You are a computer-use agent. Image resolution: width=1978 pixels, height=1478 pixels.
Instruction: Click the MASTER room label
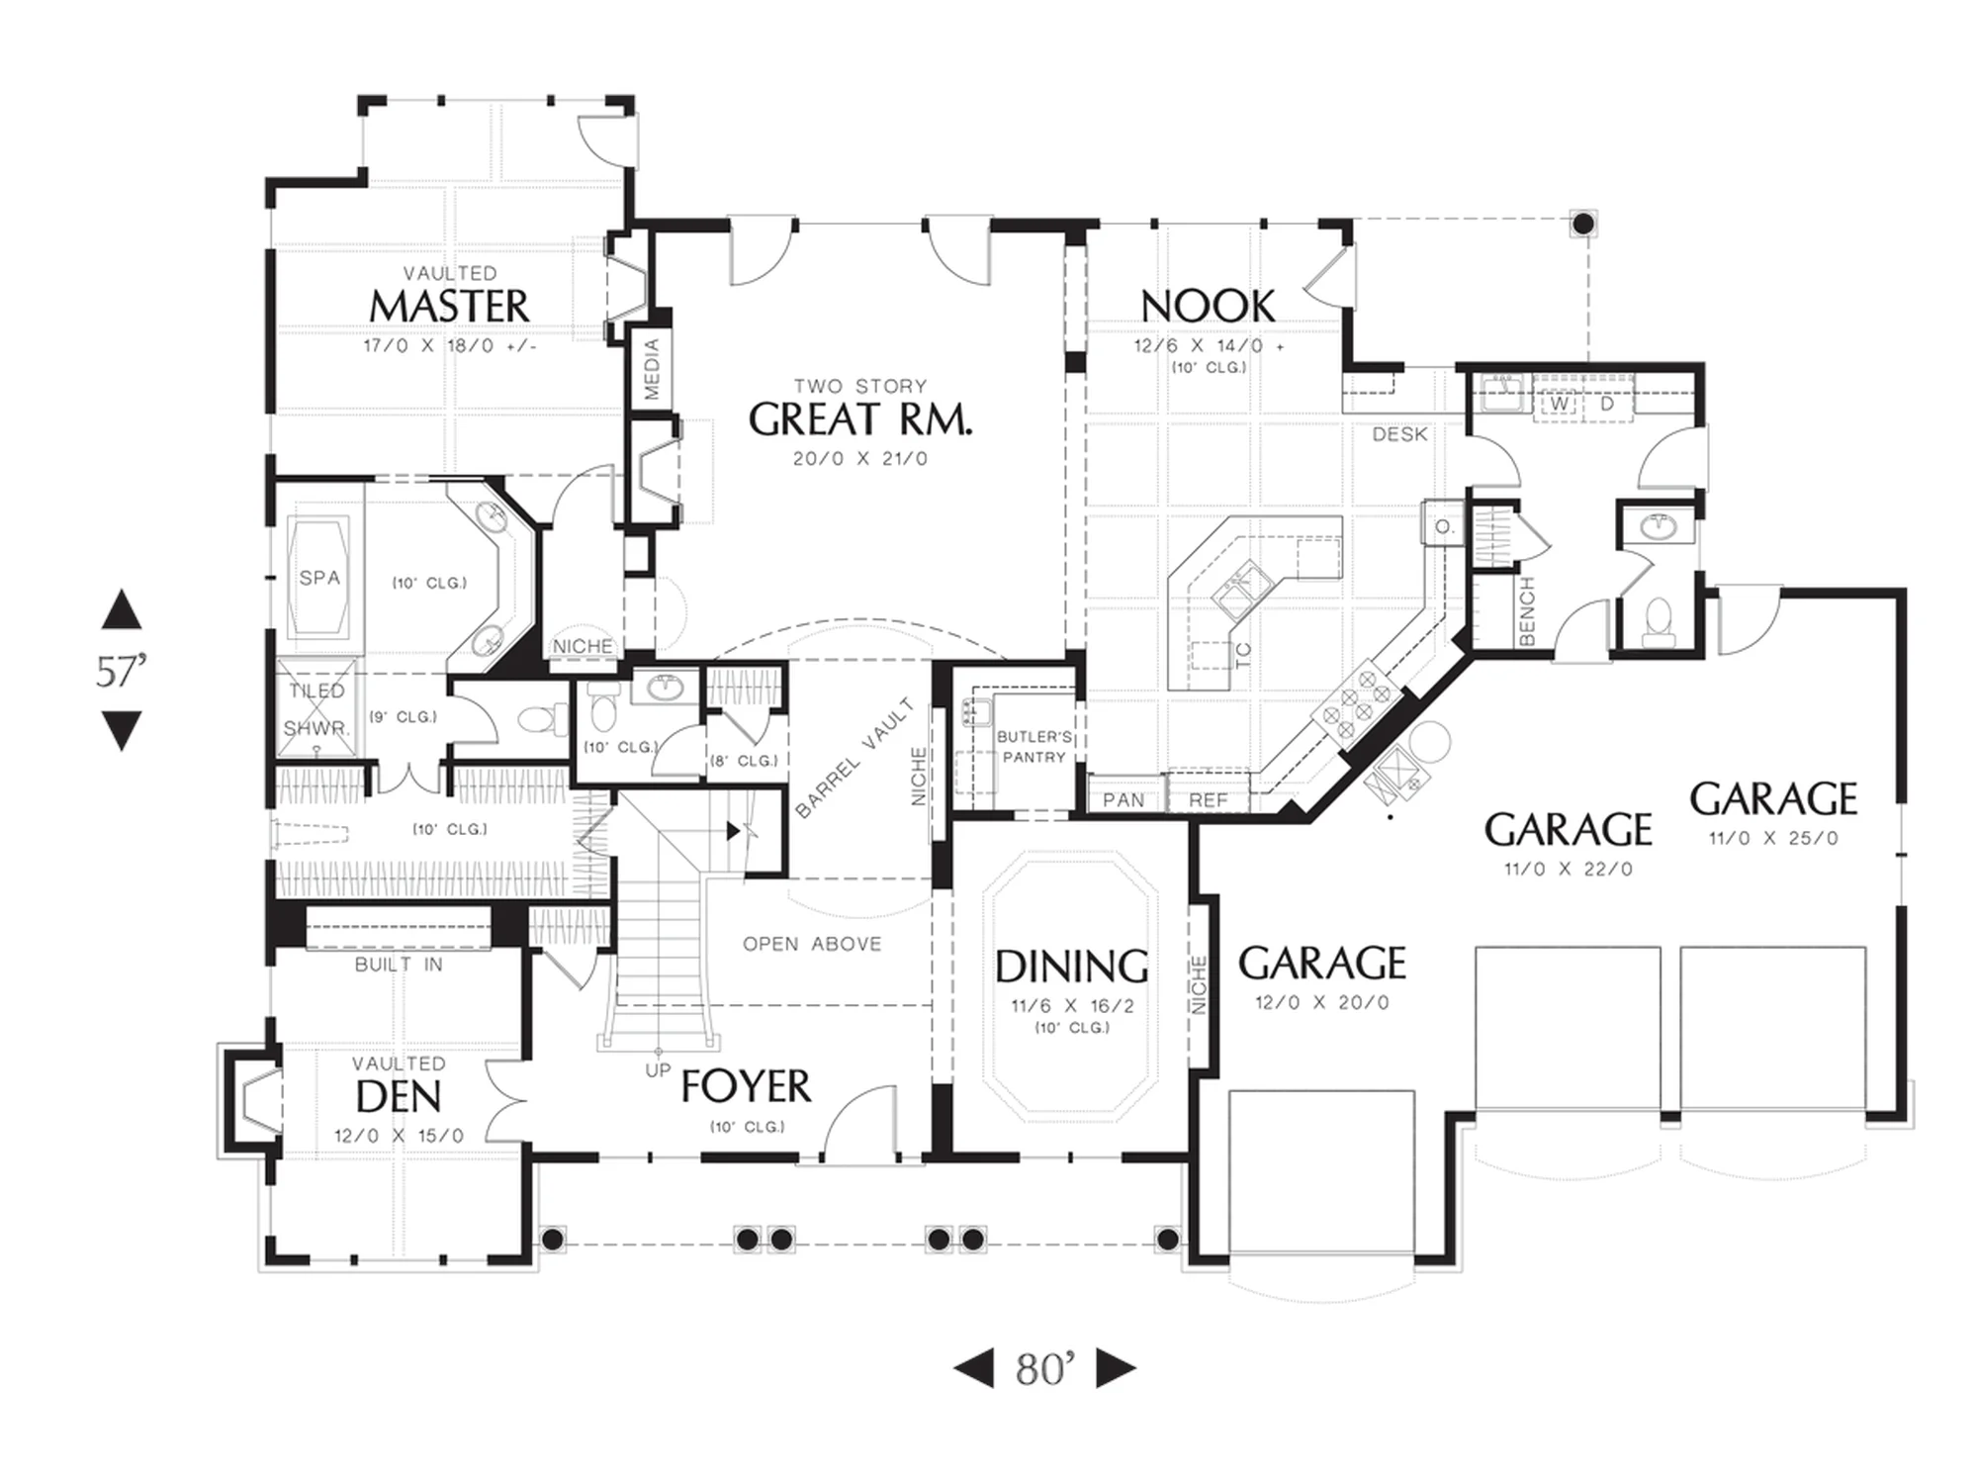pos(449,307)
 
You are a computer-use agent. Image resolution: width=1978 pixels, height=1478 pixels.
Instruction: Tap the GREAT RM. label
pos(860,420)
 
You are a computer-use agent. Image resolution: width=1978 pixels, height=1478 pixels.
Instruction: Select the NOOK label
pos(1208,307)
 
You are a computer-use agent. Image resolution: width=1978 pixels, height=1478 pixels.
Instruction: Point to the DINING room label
pos(1072,967)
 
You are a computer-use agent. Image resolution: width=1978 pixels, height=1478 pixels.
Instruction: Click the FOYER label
pos(746,1086)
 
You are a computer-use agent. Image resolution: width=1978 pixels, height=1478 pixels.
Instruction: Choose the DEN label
pos(399,1097)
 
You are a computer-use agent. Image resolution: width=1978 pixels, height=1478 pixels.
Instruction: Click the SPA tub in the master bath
pos(319,578)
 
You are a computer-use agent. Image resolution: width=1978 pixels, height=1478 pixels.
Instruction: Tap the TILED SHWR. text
pos(317,709)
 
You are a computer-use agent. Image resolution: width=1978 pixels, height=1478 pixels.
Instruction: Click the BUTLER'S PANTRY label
pos(1034,747)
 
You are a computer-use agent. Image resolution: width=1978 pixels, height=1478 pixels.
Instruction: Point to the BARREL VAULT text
pos(854,759)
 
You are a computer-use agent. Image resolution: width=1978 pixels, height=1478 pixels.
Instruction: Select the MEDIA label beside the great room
pos(652,370)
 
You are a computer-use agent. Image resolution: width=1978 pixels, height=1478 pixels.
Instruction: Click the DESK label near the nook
pos(1399,434)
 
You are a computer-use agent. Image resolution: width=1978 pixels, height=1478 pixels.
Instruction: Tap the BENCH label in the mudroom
pos(1526,612)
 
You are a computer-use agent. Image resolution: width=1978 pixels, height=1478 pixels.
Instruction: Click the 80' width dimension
pos(1044,1369)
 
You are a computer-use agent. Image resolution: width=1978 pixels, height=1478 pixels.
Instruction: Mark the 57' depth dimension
pos(122,671)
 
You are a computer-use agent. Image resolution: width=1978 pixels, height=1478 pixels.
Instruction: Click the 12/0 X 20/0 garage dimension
pos(1322,1002)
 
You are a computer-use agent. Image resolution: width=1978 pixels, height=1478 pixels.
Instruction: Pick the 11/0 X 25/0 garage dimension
pos(1773,838)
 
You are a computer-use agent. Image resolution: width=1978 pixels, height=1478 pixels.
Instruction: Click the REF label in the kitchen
pos(1208,799)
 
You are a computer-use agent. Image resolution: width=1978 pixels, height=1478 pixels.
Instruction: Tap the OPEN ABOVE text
pos(812,944)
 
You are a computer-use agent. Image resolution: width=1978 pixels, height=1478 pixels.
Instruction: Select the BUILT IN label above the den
pos(399,965)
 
